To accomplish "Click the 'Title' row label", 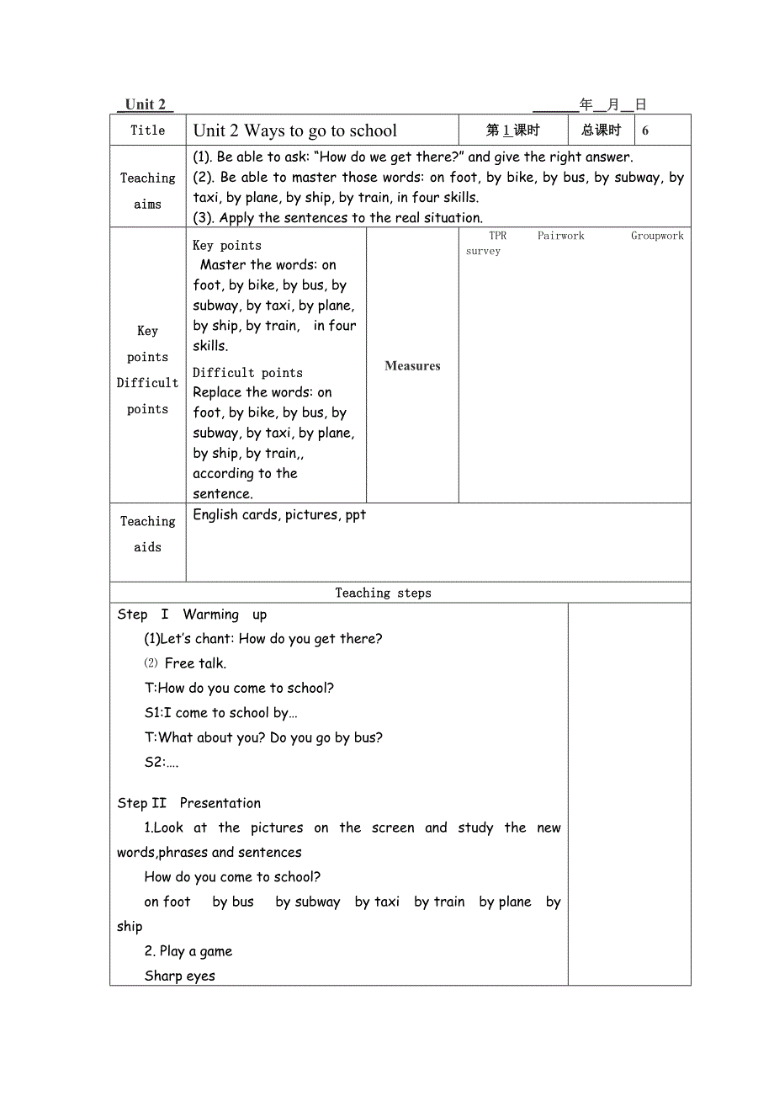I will coord(148,130).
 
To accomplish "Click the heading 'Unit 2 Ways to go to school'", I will coord(295,130).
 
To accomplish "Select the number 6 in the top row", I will coord(645,130).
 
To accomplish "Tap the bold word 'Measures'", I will coord(412,366).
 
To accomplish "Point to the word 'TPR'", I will coord(498,237).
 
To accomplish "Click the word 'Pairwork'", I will coord(561,237).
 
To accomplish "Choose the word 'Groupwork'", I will coord(657,237).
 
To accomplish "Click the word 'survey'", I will coord(483,251).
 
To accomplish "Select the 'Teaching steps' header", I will coord(383,593).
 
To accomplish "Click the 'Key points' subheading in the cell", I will coord(227,246).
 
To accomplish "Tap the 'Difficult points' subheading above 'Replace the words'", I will coord(247,373).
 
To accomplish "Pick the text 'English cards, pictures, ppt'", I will coord(279,515).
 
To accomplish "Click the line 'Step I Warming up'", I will coord(192,615).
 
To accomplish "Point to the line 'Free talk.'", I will coord(195,663).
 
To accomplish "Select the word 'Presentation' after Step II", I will coord(220,803).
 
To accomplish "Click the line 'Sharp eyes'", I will coord(180,976).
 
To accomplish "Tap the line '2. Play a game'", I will coord(188,951).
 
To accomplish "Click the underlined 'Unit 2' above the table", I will coord(145,105).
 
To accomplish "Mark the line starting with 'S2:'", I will coord(162,763).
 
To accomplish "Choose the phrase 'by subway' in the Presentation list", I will coord(308,902).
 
